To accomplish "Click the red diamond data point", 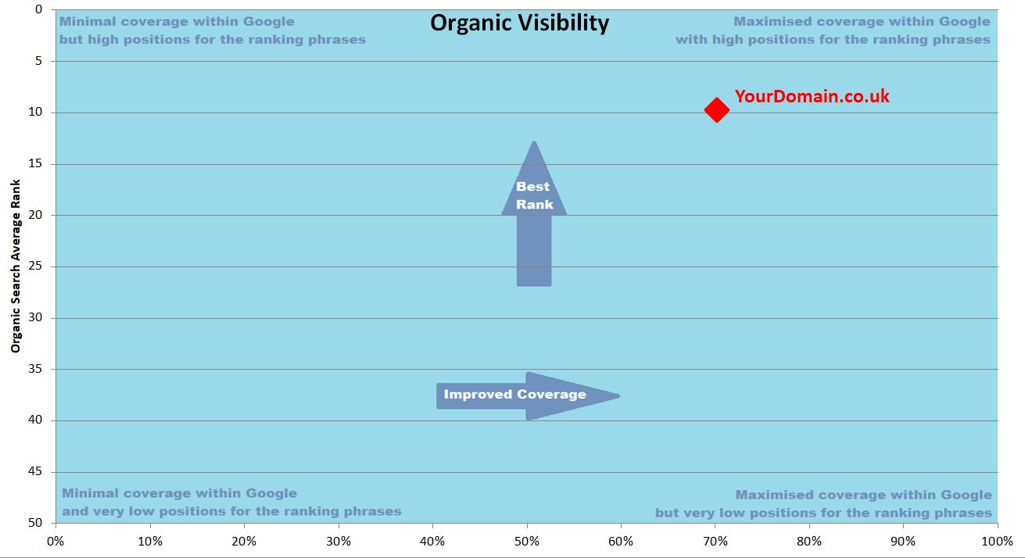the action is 717,109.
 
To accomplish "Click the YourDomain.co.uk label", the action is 812,96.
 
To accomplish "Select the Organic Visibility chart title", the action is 519,23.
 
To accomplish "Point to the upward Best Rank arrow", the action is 534,214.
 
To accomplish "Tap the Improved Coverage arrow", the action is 528,395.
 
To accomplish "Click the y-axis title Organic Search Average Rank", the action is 16,266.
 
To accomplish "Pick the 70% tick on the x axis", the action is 715,542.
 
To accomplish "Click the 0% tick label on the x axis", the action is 56,542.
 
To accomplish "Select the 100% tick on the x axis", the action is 997,542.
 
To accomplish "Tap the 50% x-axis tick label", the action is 527,542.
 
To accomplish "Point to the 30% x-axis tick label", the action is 339,542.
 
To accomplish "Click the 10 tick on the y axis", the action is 35,112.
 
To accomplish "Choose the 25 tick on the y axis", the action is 35,266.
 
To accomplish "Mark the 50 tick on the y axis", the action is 35,522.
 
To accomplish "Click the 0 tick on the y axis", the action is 38,9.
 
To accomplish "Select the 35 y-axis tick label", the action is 35,368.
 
